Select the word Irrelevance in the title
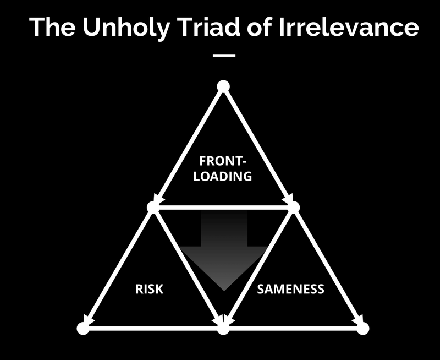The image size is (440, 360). (349, 27)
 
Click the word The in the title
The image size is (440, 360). (52, 27)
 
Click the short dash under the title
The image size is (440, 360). (224, 56)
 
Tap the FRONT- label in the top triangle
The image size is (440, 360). (223, 161)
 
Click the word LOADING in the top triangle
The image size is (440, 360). (223, 176)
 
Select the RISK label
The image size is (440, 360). (149, 289)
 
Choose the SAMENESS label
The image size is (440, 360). (291, 289)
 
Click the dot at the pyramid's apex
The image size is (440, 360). (223, 86)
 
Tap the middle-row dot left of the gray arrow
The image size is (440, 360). (153, 207)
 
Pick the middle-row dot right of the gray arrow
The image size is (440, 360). (293, 207)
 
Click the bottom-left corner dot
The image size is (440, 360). (84, 328)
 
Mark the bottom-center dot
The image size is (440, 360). (223, 328)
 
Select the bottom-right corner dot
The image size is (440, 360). (363, 328)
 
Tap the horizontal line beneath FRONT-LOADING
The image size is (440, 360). (223, 208)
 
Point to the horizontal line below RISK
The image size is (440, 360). (153, 328)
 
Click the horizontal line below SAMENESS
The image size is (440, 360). (293, 328)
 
